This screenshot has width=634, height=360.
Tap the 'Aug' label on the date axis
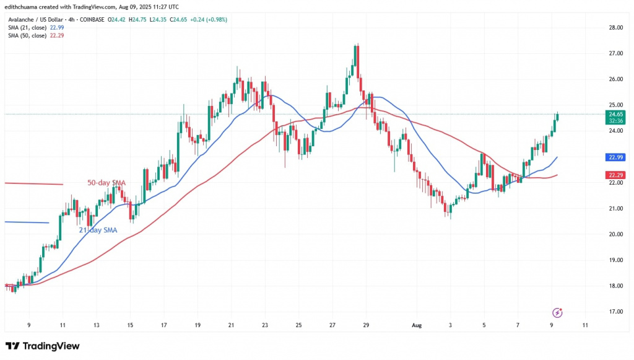(417, 325)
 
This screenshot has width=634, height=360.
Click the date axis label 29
(367, 325)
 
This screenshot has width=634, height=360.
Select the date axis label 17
(163, 325)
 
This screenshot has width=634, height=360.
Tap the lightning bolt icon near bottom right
(559, 312)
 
